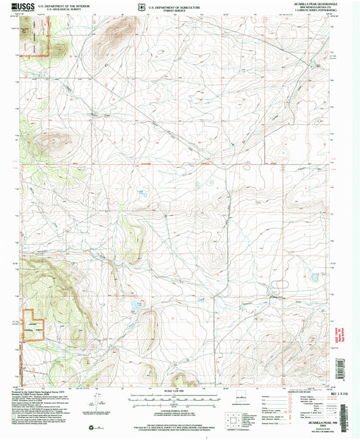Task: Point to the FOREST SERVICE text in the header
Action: point(167,11)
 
